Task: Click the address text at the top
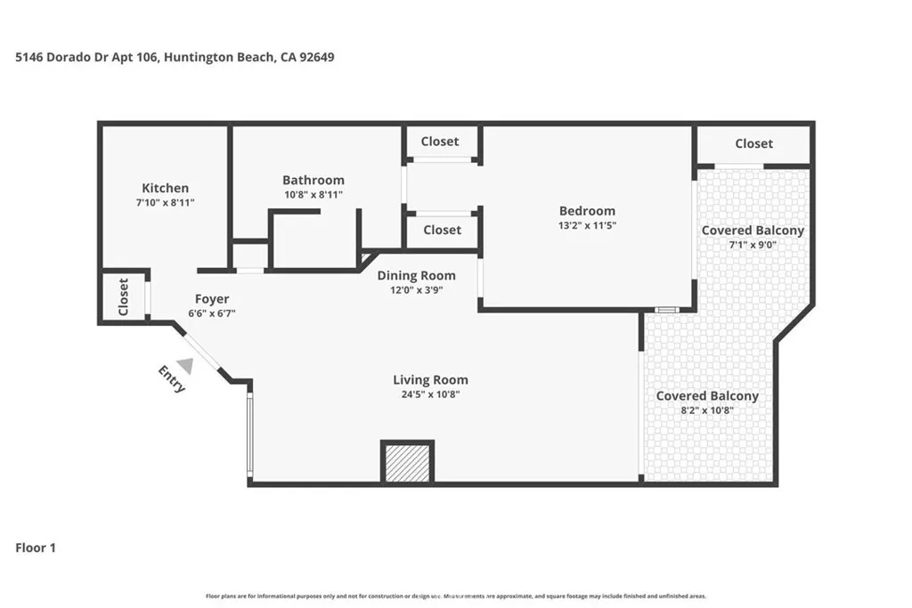(x=175, y=57)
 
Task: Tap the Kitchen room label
(x=166, y=188)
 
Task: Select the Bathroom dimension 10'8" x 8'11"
(x=313, y=194)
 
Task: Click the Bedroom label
(x=587, y=211)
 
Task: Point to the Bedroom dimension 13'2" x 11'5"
(x=587, y=225)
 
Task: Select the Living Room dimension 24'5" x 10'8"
(x=432, y=394)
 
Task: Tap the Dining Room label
(x=416, y=276)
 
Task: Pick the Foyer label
(x=212, y=299)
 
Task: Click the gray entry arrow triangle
(x=185, y=365)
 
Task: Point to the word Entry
(x=172, y=379)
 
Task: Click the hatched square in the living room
(x=407, y=461)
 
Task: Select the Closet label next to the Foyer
(x=123, y=297)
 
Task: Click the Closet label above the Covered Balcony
(x=753, y=143)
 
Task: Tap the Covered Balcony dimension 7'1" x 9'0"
(x=753, y=244)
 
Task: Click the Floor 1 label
(x=36, y=548)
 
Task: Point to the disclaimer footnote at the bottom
(x=456, y=596)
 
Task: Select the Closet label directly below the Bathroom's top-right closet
(x=442, y=230)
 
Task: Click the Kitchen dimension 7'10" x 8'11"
(x=166, y=202)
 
